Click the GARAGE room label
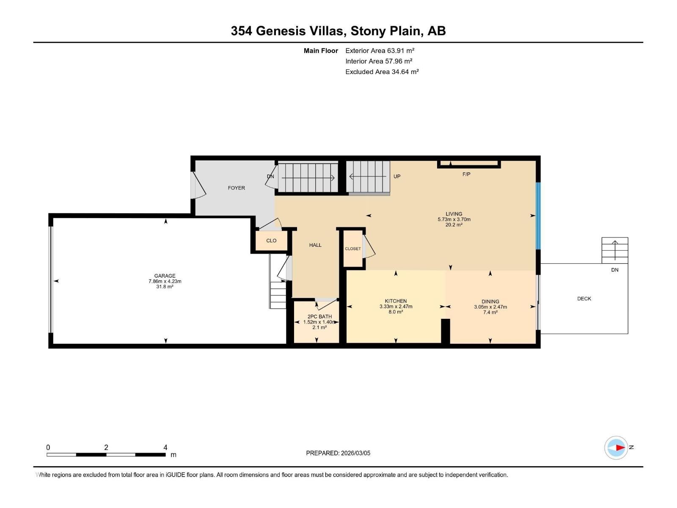[165, 276]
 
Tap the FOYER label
[236, 188]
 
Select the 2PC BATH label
[319, 317]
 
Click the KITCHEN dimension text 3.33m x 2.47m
[396, 306]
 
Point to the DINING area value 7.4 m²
[490, 312]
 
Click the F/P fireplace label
[466, 174]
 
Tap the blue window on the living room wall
[538, 216]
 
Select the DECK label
[584, 298]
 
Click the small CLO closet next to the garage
[271, 240]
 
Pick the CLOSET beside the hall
[353, 249]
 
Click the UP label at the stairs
[397, 177]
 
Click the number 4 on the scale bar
[165, 447]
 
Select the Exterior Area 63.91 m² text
[380, 50]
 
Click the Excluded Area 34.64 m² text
[382, 72]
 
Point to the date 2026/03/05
[355, 453]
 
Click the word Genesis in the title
[302, 31]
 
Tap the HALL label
[315, 245]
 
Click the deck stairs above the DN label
[615, 250]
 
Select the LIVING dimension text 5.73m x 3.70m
[454, 219]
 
